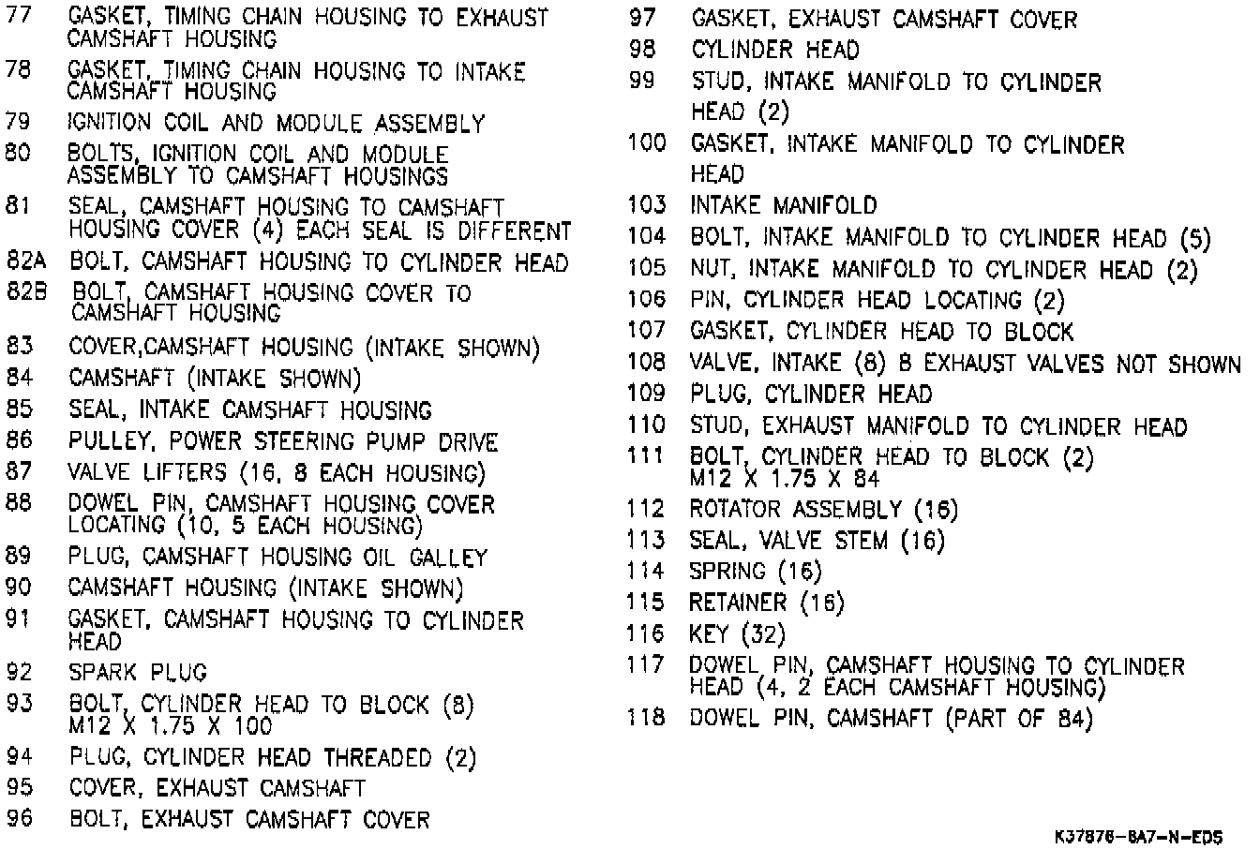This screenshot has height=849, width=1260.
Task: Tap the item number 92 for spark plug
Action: pyautogui.click(x=19, y=672)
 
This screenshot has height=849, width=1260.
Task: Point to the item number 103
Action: pyautogui.click(x=647, y=205)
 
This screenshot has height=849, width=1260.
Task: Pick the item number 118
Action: pyautogui.click(x=647, y=719)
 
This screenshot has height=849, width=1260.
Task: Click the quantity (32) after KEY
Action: pyautogui.click(x=764, y=634)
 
